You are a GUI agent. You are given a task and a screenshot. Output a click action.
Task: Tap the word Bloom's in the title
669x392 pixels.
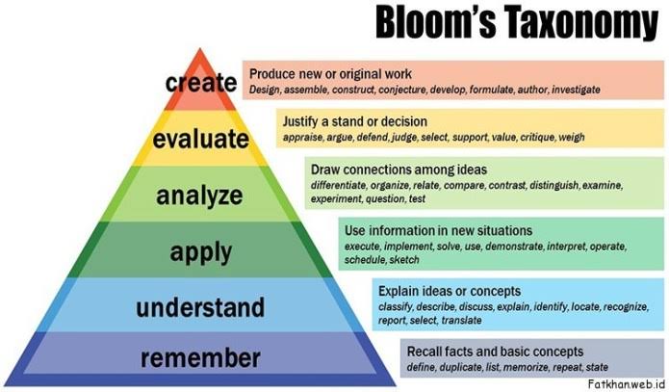[x=436, y=22]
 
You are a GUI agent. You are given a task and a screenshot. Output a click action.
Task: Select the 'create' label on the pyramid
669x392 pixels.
[x=201, y=83]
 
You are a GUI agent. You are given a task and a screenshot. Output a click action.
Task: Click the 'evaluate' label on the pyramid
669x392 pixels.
[x=201, y=139]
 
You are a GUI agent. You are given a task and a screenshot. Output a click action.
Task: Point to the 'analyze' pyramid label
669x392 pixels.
[x=199, y=196]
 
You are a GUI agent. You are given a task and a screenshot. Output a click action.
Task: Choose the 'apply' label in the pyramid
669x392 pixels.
[x=201, y=252]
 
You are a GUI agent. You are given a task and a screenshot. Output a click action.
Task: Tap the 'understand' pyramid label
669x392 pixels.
[x=200, y=307]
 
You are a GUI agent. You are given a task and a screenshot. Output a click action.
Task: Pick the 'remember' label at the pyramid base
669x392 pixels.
[x=200, y=358]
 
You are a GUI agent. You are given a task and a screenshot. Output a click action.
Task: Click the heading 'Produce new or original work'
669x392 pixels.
[x=331, y=74]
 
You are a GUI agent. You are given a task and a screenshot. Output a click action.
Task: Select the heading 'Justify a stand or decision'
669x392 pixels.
[x=354, y=121]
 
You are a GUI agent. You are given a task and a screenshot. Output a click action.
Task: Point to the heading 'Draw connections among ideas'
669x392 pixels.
[x=399, y=170]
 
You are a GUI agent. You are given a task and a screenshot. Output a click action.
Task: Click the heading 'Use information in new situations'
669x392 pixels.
[x=438, y=230]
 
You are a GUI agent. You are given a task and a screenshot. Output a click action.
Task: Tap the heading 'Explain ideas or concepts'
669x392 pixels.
[x=450, y=291]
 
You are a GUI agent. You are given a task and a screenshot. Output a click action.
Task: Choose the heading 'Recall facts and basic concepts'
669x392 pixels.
[x=495, y=352]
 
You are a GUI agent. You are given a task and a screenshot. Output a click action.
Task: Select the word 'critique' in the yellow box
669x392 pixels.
[x=537, y=138]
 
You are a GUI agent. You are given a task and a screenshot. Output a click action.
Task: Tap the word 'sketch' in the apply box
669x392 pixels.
[x=404, y=260]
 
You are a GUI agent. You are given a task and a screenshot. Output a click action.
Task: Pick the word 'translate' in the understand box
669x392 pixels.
[x=462, y=321]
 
